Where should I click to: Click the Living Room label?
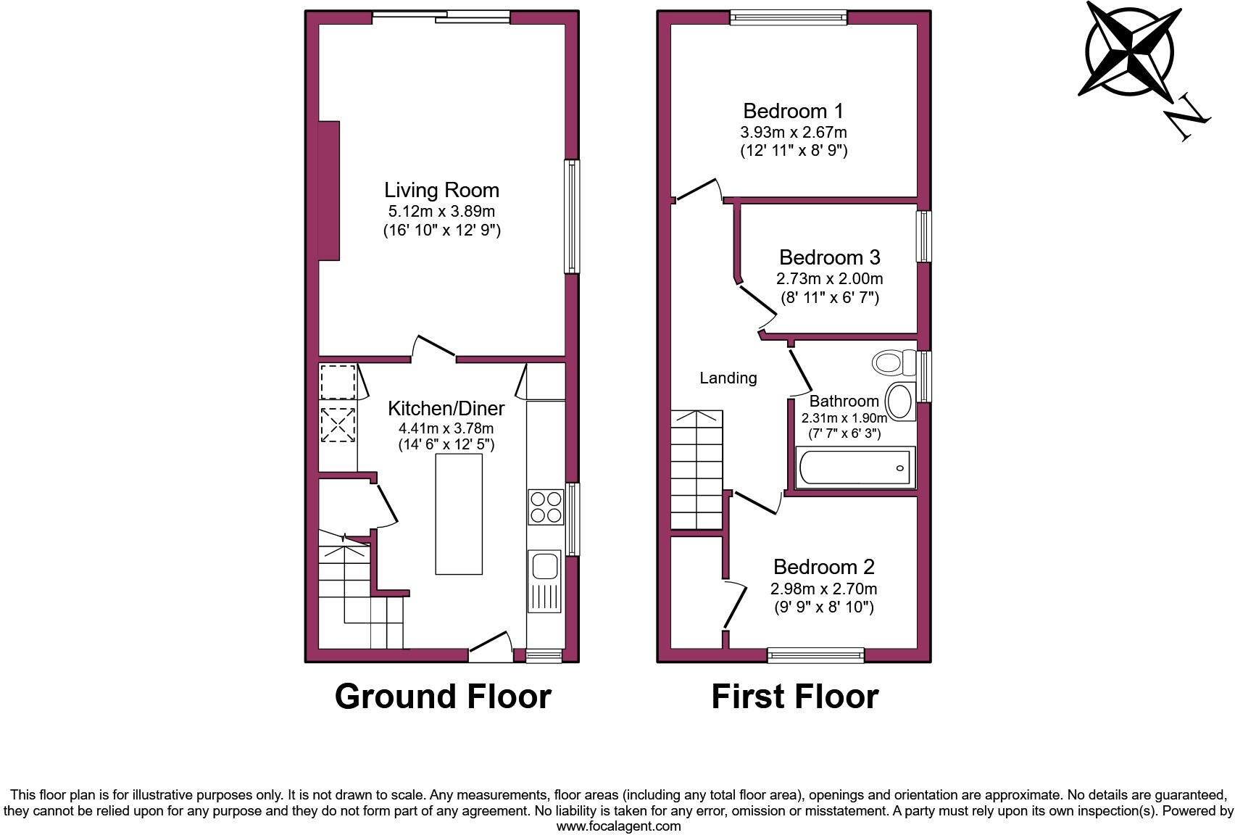coord(441,191)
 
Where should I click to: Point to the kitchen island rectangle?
coord(459,514)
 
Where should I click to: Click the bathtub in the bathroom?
coord(855,468)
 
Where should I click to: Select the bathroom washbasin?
coord(900,402)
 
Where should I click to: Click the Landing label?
coord(728,378)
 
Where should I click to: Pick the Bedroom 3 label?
coord(829,257)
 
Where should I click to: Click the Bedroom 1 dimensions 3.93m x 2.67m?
coord(793,133)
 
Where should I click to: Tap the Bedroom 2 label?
coord(823,567)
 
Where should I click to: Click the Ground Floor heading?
coord(442,696)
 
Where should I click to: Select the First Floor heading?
coord(794,696)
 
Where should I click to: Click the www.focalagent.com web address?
coord(617,826)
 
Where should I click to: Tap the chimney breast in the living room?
coord(329,191)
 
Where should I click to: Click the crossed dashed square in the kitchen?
coord(338,425)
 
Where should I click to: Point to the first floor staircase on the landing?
coord(696,470)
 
